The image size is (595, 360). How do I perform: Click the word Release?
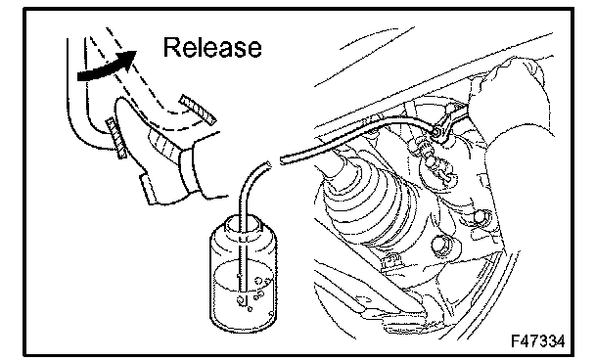[212, 47]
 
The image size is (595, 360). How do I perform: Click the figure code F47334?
[538, 340]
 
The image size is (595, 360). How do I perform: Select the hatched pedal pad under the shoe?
[115, 138]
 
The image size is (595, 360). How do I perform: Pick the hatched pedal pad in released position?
[198, 110]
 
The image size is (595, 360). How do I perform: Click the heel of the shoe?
[148, 189]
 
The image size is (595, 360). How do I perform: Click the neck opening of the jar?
[243, 223]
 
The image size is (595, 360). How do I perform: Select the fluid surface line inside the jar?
[243, 265]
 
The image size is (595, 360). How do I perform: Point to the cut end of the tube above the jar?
[267, 164]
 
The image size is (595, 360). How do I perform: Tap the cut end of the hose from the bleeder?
[283, 159]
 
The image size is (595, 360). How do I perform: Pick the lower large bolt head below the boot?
[443, 246]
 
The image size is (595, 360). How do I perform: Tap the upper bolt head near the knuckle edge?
[481, 218]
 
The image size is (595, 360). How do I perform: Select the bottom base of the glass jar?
[243, 325]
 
